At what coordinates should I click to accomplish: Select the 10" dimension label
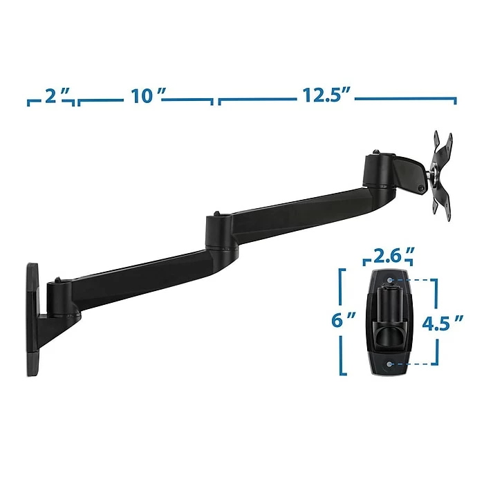click(145, 96)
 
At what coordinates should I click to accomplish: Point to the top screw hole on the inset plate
click(390, 279)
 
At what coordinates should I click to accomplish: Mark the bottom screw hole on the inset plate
click(390, 362)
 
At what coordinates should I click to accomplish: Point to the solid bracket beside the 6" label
click(342, 322)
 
